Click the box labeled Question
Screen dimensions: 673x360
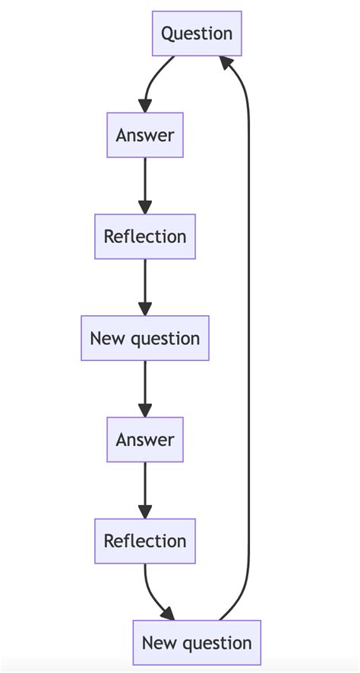[x=197, y=33]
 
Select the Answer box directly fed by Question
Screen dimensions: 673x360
[x=145, y=135]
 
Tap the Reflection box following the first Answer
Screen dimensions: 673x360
[x=145, y=236]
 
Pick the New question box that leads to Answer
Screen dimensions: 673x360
[x=145, y=338]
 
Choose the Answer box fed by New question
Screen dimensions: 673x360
[x=145, y=440]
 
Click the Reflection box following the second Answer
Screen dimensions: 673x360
[x=145, y=541]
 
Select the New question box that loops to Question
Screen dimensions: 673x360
[x=197, y=643]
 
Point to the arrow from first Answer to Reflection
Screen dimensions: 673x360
[x=145, y=182]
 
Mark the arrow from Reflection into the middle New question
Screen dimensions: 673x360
[x=145, y=285]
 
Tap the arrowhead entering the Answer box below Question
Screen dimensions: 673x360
[x=145, y=106]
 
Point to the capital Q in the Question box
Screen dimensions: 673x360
[x=169, y=33]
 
